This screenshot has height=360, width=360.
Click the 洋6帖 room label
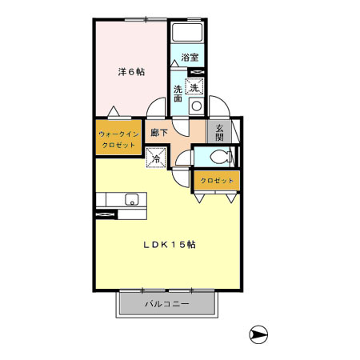(131, 71)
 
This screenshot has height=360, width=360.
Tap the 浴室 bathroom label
(190, 58)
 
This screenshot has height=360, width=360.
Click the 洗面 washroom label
(178, 94)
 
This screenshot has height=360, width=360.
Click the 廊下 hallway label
(158, 133)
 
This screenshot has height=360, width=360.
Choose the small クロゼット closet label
(217, 181)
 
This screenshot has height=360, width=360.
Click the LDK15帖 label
(170, 245)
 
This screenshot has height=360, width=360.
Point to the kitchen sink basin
(131, 200)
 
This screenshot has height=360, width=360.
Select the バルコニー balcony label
(166, 305)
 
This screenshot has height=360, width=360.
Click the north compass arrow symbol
(260, 334)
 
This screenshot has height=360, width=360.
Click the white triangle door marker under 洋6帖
(117, 111)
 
